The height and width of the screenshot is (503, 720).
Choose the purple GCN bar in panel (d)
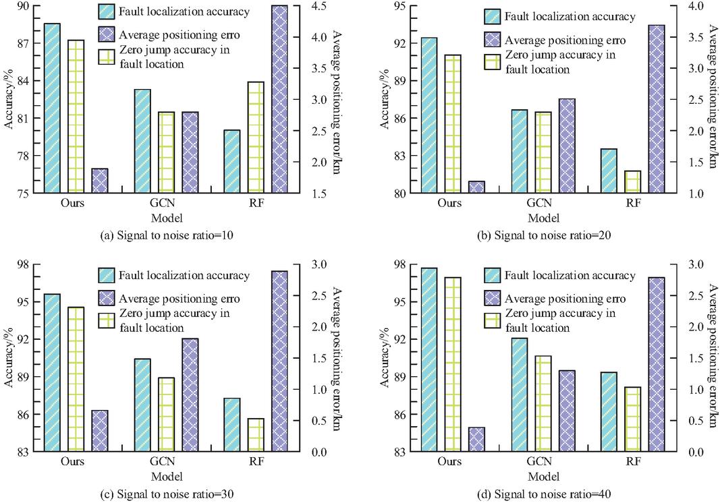point(567,411)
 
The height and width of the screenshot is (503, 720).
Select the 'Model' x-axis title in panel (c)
point(166,477)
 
